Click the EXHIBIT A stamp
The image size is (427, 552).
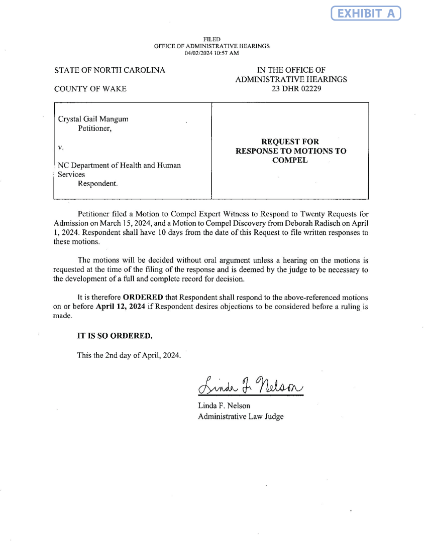366,13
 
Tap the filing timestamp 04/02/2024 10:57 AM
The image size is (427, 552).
211,53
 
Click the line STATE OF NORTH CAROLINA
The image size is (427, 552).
110,70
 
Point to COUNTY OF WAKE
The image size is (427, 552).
90,89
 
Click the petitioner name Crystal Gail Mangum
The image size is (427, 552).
93,119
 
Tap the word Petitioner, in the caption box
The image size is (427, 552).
94,128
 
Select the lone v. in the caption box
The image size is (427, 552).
60,147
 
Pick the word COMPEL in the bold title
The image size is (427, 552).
291,160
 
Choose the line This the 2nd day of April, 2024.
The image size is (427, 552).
128,355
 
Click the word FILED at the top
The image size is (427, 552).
211,39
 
